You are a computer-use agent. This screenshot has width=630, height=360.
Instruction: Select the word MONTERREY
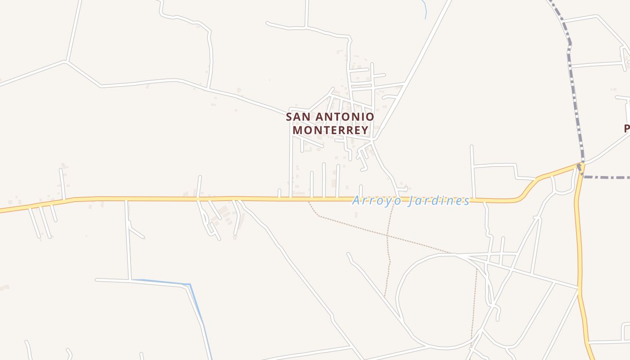point(331,130)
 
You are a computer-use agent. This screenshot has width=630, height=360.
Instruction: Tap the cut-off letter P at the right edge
point(627,129)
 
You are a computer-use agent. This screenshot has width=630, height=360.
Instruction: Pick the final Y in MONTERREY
point(364,130)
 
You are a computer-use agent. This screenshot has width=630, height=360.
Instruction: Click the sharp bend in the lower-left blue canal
point(190,284)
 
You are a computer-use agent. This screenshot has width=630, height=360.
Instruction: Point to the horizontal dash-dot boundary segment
point(607,177)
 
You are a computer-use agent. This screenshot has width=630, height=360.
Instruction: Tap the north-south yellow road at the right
point(580,252)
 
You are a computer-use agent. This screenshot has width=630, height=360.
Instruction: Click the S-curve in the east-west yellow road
point(529,188)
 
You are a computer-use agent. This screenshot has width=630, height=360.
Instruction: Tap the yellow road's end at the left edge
point(2,210)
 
